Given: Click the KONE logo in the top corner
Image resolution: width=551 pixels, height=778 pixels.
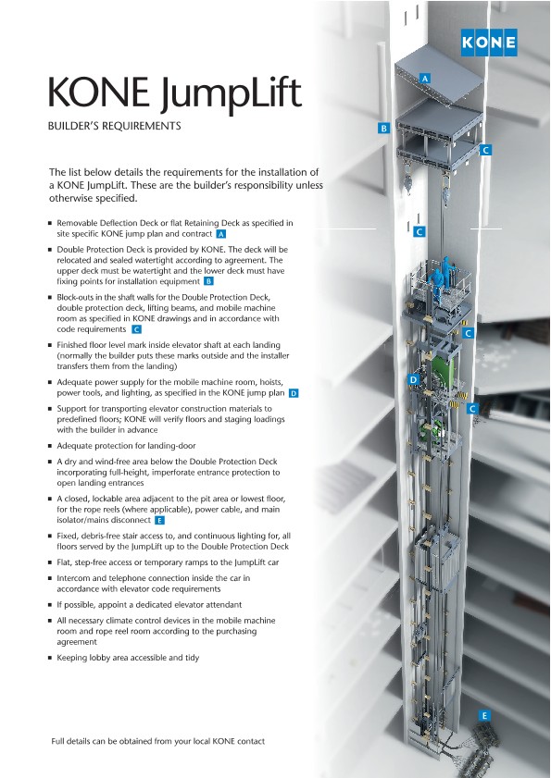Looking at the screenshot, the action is point(488,43).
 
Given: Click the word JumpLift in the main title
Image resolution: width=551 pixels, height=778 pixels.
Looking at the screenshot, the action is point(232,93).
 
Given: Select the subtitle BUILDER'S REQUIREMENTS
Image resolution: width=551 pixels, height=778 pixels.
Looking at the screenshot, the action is point(114,126).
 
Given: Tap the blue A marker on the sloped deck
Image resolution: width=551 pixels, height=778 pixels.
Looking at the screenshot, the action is point(424,79).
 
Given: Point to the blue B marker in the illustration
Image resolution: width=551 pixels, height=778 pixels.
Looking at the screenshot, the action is point(383,128).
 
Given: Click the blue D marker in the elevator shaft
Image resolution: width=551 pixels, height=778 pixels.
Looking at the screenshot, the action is point(413,379).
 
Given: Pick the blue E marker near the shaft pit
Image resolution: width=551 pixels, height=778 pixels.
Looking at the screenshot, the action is point(484,715).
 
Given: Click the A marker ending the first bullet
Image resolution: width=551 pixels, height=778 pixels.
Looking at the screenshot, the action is point(221,234).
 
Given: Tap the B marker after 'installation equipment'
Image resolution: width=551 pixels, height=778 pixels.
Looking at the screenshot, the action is point(208,282).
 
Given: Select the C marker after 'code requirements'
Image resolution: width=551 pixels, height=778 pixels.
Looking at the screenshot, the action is point(136,329).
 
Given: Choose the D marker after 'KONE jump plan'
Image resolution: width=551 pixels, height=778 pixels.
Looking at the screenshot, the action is point(294,393).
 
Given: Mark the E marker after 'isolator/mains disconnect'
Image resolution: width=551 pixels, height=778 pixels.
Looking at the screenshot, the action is point(159,521).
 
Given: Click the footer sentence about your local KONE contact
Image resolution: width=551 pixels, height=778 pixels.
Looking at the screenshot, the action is point(158,741).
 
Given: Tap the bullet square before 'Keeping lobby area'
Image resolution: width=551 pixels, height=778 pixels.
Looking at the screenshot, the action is point(50,658).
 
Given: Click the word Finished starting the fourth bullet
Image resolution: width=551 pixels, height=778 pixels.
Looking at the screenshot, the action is point(71,345).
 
